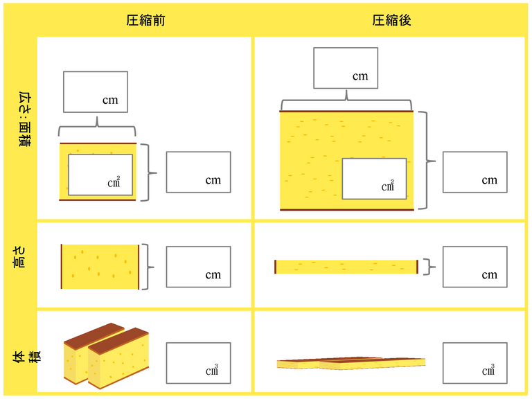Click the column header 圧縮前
click(145, 21)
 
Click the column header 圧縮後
click(392, 21)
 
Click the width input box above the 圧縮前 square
click(96, 91)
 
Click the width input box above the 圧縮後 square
click(346, 68)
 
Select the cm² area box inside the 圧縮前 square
click(100, 175)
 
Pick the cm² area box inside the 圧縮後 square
click(374, 179)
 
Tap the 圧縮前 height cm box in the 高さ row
click(198, 267)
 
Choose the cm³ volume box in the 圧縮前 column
click(198, 362)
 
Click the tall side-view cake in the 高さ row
click(100, 267)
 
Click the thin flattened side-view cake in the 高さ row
click(346, 267)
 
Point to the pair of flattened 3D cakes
click(351, 363)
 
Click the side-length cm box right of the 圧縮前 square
click(198, 172)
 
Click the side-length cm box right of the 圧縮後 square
click(475, 172)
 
